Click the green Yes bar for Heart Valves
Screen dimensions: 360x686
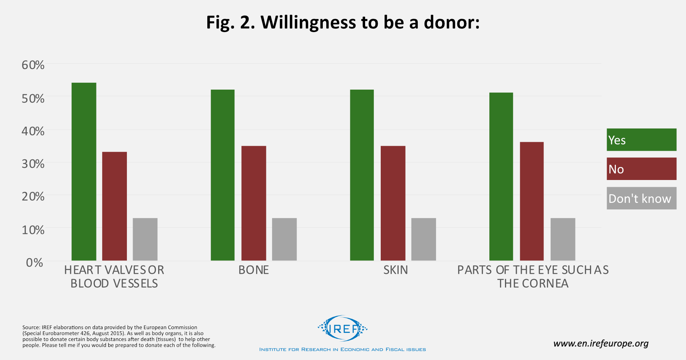coord(84,172)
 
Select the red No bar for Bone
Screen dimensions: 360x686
coord(254,203)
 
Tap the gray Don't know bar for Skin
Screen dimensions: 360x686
coord(423,239)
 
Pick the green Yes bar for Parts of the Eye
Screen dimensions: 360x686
coord(501,176)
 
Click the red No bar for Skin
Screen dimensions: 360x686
coord(393,203)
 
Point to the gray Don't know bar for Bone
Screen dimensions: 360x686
coord(284,239)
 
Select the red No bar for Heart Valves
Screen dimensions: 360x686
coord(114,206)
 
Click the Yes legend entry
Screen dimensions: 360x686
coord(641,140)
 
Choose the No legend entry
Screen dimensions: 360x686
coord(641,169)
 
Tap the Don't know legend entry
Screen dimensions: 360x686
coord(641,198)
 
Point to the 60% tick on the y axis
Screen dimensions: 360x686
coord(33,65)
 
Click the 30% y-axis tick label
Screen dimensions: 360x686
coord(33,164)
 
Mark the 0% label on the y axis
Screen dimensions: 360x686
coord(34,262)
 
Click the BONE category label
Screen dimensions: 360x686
coord(254,270)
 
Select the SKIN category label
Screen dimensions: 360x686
coord(396,270)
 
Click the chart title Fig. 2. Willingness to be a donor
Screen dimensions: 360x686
coord(343,22)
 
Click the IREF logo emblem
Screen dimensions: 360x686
coord(343,328)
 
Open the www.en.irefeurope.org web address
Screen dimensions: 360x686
coord(601,344)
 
